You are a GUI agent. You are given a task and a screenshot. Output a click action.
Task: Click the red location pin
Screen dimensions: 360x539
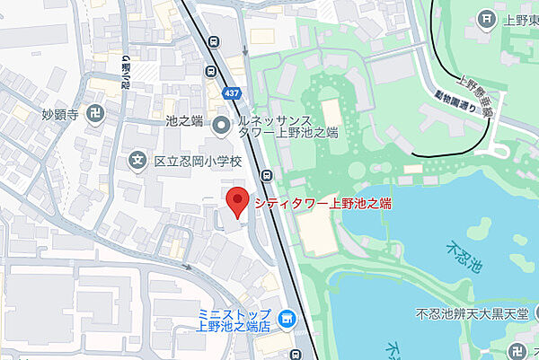(x=236, y=203)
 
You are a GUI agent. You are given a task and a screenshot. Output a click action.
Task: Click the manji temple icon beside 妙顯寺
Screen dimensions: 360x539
(x=97, y=114)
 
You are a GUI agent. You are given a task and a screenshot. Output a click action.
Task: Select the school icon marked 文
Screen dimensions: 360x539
(x=137, y=162)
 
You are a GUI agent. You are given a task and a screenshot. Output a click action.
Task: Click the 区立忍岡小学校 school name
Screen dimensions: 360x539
(x=199, y=162)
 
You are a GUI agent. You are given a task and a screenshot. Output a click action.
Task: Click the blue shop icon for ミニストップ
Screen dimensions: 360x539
(x=287, y=318)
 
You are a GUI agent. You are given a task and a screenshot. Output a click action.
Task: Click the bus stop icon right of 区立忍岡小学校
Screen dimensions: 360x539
(x=267, y=175)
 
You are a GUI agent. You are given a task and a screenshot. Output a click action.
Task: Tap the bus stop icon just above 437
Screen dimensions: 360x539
(x=214, y=41)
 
